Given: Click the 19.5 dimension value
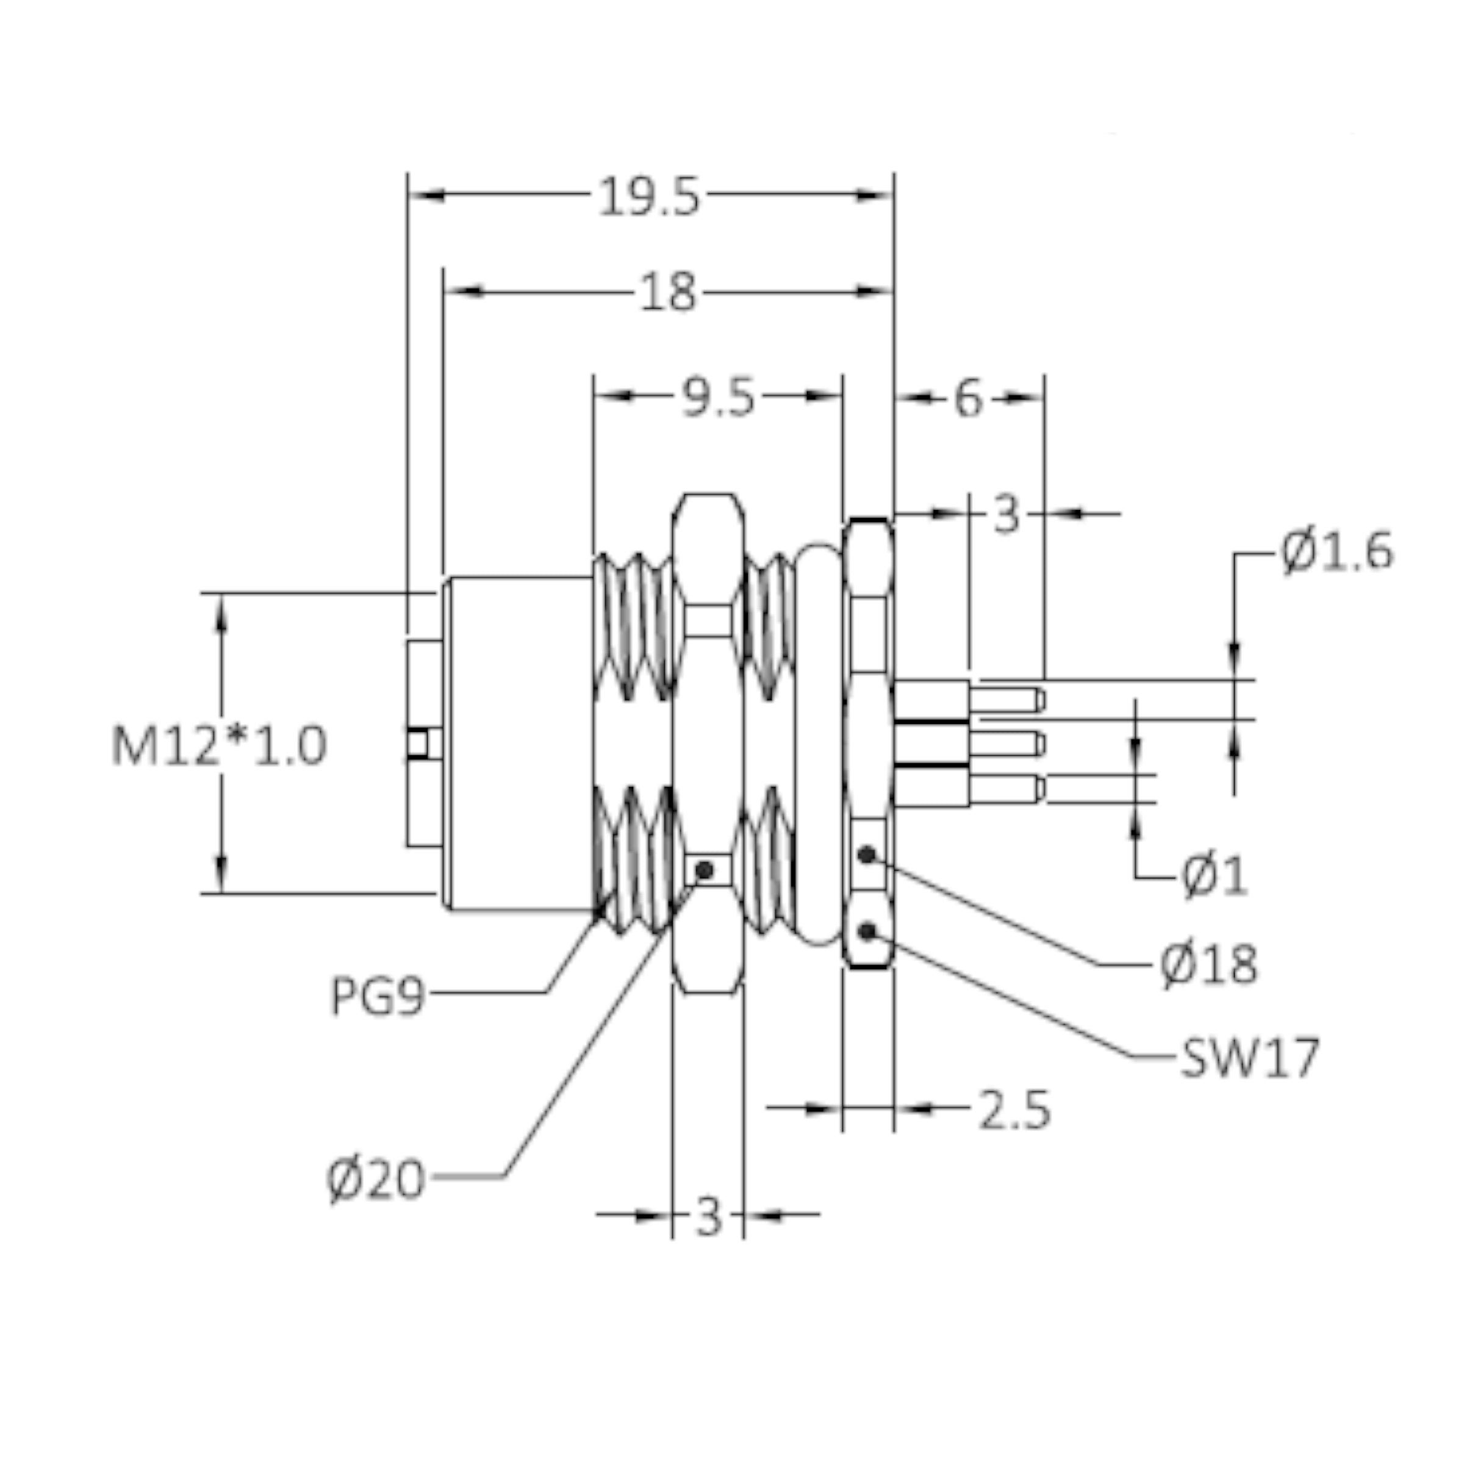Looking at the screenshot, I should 650,198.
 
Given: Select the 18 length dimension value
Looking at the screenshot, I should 667,293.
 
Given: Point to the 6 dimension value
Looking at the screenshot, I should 967,398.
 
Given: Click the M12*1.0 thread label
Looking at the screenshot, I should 219,745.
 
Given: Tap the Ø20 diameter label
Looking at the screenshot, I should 376,1179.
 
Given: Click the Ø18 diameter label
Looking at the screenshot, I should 1208,964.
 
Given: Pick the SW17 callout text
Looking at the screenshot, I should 1249,1058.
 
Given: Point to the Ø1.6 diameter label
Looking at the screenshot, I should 1337,553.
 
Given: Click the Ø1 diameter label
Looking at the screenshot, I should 1214,877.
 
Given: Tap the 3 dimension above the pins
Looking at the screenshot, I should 1006,516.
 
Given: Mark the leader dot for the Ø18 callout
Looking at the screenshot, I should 867,855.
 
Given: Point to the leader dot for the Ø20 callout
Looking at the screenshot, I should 704,870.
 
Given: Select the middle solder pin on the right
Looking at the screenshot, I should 1005,744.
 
